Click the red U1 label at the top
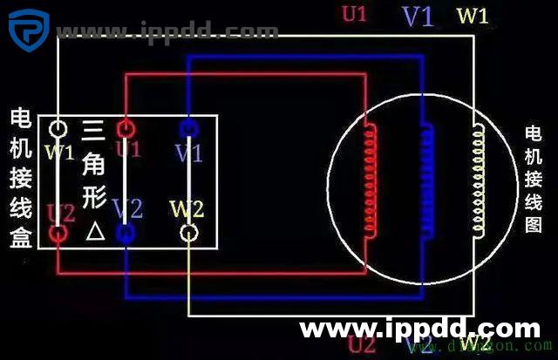(x=353, y=14)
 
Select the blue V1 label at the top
(x=418, y=16)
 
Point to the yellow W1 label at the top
(x=473, y=15)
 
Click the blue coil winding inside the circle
(x=426, y=179)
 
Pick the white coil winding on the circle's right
(x=479, y=179)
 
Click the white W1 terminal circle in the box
(x=58, y=129)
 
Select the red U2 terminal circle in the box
(x=58, y=233)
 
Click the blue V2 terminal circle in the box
(x=126, y=233)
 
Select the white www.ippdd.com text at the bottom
(x=419, y=329)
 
